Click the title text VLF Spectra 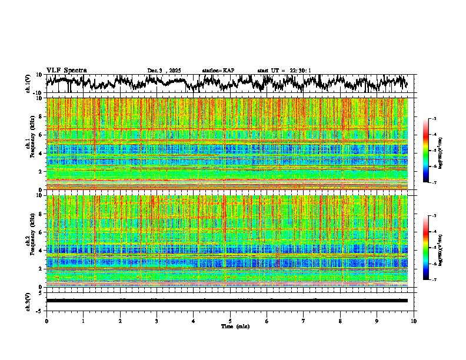66,71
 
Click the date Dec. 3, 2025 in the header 165,71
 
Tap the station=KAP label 218,71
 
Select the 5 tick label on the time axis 230,321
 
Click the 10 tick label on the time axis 414,321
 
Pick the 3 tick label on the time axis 157,321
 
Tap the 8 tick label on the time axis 340,321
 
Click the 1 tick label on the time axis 83,321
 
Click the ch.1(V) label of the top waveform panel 28,84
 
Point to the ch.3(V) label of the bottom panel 28,300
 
